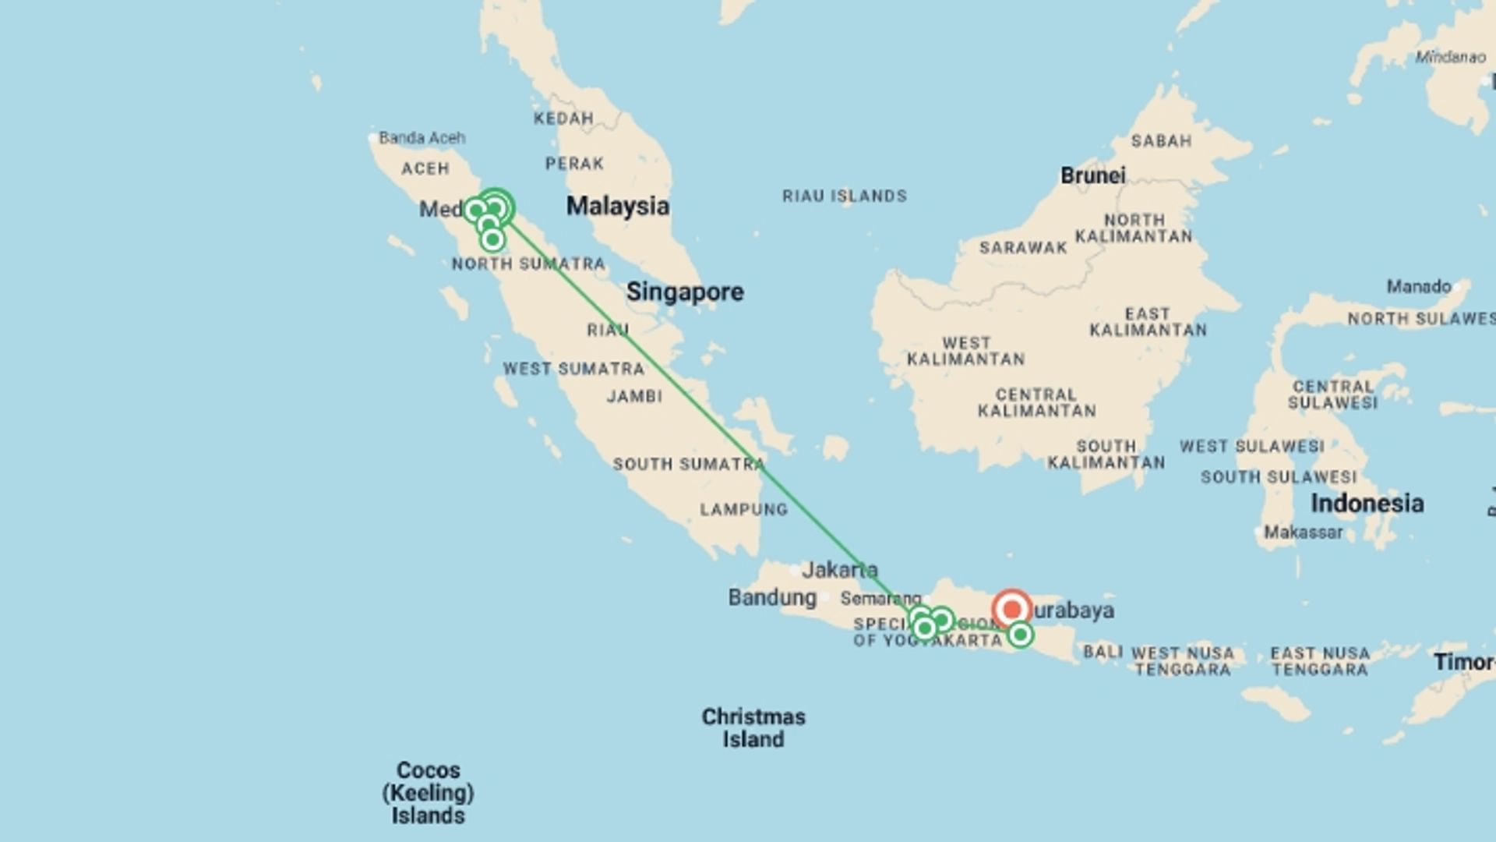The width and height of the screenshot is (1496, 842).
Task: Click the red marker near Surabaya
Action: [x=1012, y=609]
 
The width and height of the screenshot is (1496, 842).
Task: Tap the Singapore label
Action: [x=685, y=292]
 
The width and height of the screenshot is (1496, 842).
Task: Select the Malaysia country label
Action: [x=617, y=207]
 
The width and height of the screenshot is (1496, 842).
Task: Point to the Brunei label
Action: [x=1092, y=175]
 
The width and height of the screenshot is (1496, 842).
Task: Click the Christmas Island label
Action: [x=753, y=727]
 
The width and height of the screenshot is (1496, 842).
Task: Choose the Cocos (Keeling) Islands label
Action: [x=429, y=793]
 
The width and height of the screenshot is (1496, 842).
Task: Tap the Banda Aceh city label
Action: [x=422, y=138]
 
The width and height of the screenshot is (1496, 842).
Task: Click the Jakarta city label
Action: [x=839, y=570]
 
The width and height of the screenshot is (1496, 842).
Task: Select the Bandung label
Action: [x=772, y=598]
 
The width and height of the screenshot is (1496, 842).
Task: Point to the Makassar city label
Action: [x=1303, y=532]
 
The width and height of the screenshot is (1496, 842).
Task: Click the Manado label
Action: [x=1418, y=287]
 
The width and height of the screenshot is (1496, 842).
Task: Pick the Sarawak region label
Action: [x=1023, y=248]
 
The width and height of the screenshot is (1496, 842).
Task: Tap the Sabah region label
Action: [x=1161, y=141]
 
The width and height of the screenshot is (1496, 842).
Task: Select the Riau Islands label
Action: [x=845, y=196]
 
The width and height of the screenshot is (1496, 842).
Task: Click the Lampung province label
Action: [x=743, y=510]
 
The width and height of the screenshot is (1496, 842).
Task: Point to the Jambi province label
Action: [x=634, y=397]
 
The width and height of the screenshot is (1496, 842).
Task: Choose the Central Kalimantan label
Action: [x=1036, y=402]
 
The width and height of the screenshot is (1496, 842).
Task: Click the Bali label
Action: [x=1103, y=652]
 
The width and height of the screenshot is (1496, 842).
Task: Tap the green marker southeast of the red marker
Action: [x=1021, y=635]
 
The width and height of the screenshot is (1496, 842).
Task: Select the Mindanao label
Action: [x=1450, y=57]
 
